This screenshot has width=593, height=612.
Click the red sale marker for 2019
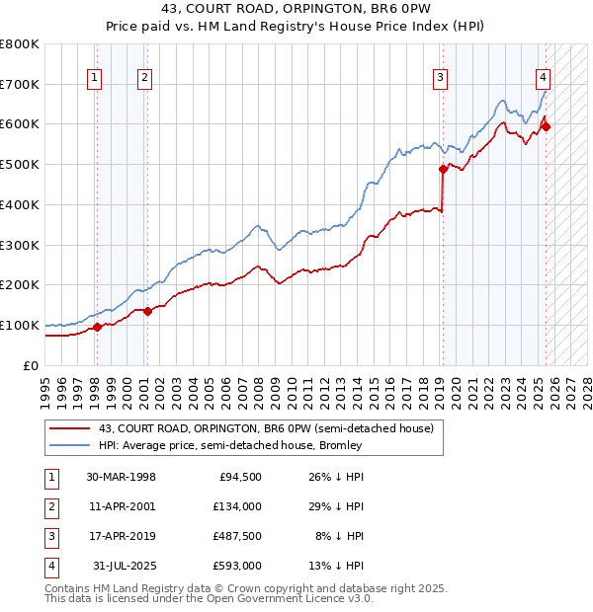click(x=444, y=169)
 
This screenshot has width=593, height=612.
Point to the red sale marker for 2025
click(x=547, y=126)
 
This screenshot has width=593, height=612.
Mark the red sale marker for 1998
click(x=97, y=327)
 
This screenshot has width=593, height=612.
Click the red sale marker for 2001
click(x=147, y=311)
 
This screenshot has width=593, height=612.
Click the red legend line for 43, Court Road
click(x=70, y=429)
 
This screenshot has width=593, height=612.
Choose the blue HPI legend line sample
click(x=70, y=445)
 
